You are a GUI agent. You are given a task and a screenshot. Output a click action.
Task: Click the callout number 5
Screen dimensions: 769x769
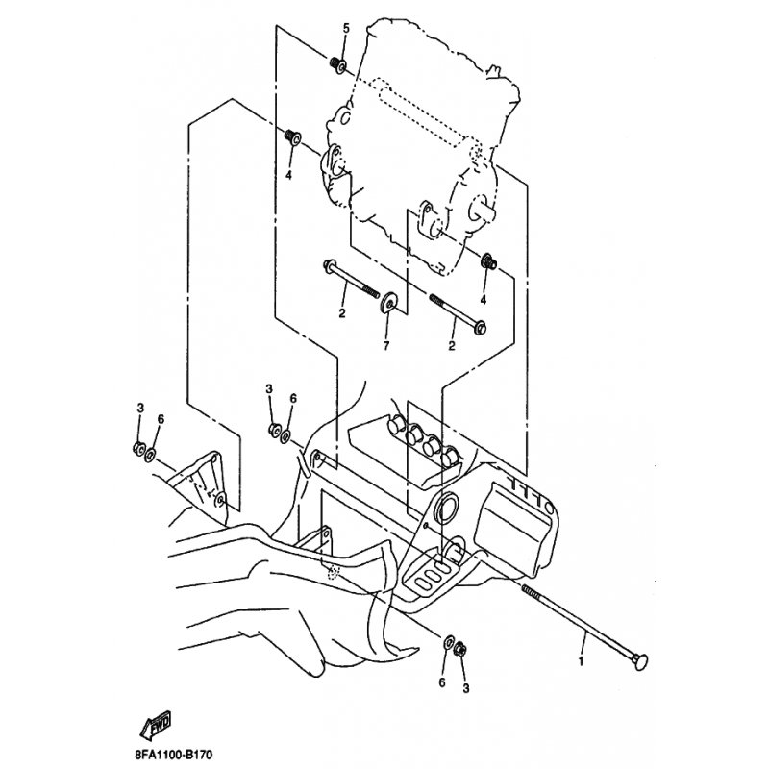pyautogui.click(x=346, y=28)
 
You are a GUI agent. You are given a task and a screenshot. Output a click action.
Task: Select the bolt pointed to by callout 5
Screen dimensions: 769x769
pyautogui.click(x=339, y=65)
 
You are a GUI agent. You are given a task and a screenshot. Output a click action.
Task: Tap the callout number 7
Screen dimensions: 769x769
pyautogui.click(x=386, y=346)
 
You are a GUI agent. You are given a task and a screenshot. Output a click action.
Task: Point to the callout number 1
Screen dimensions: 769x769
pyautogui.click(x=582, y=661)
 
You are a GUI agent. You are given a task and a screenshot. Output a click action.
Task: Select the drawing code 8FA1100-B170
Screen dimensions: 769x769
pyautogui.click(x=174, y=755)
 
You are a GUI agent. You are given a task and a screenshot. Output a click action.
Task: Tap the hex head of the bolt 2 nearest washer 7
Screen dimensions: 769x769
pyautogui.click(x=329, y=266)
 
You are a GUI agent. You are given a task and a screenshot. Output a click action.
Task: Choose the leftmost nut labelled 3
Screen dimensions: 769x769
pyautogui.click(x=138, y=448)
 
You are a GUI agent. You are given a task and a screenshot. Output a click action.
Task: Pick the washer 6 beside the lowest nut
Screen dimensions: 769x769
pyautogui.click(x=448, y=641)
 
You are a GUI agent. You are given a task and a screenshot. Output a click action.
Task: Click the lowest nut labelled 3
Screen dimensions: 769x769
pyautogui.click(x=460, y=650)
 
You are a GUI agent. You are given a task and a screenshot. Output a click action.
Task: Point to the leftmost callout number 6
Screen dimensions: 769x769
pyautogui.click(x=161, y=419)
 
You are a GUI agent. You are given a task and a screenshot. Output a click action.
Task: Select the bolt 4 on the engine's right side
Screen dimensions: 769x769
pyautogui.click(x=488, y=262)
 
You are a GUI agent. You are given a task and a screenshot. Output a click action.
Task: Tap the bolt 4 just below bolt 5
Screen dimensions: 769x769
pyautogui.click(x=293, y=136)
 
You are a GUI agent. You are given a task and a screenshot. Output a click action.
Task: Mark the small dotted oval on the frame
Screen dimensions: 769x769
pyautogui.click(x=334, y=571)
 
